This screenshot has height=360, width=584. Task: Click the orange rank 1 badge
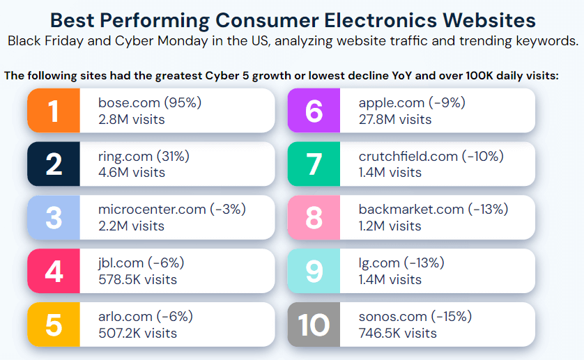54,111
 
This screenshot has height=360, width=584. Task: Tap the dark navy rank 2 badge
54,164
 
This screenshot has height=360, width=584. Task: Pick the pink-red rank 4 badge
54,271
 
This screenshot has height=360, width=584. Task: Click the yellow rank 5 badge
54,324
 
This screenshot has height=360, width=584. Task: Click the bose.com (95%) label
150,103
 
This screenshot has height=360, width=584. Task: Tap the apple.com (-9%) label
412,103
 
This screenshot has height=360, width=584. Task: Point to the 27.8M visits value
394,120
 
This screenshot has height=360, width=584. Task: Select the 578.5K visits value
138,280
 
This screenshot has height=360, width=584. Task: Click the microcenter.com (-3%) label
172,209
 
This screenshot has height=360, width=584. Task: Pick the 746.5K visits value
397,333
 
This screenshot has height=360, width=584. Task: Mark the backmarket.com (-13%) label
433,209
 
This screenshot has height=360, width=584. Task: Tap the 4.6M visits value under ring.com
132,173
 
